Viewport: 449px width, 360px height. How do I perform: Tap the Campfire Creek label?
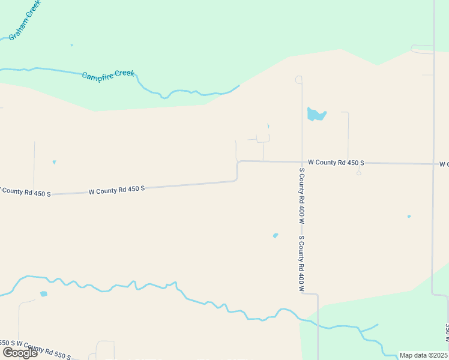(x=108, y=75)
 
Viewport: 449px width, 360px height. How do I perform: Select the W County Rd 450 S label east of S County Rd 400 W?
(x=336, y=163)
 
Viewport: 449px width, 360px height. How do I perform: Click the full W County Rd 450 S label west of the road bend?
(x=116, y=190)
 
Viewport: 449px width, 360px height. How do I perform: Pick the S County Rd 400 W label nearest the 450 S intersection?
(x=301, y=195)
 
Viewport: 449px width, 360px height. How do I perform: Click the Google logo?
(x=20, y=353)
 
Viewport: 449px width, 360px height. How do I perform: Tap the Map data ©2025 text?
(x=424, y=355)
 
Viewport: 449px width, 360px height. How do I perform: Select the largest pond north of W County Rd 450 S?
(x=316, y=114)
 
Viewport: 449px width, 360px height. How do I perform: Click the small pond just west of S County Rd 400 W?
(x=276, y=235)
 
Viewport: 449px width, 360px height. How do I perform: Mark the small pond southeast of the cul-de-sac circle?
(x=409, y=217)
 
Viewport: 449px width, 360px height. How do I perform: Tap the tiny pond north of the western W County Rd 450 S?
(x=54, y=162)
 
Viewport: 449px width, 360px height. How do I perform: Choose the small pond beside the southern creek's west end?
(x=43, y=294)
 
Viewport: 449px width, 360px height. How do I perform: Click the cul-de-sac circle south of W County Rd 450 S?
(x=358, y=173)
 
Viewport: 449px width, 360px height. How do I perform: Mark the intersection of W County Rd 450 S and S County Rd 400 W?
(x=301, y=161)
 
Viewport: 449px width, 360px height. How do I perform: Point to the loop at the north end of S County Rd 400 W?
(x=298, y=79)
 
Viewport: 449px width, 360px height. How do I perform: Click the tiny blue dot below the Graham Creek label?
(x=71, y=45)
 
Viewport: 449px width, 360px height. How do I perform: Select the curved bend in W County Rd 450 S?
(x=238, y=170)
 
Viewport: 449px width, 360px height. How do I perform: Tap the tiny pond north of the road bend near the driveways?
(x=268, y=126)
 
